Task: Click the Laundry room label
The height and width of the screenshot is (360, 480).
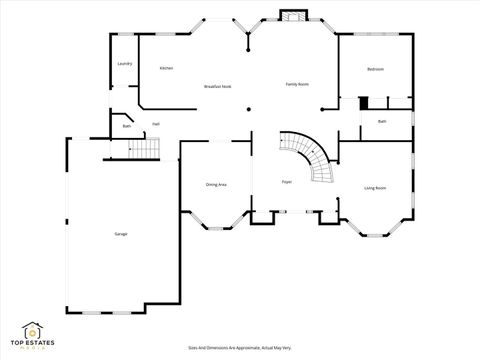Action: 125,63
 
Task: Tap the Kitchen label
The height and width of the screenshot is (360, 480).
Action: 167,68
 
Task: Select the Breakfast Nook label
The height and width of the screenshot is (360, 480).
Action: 218,87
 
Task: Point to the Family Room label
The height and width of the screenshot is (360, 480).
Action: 297,84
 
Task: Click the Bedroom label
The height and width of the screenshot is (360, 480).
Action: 375,69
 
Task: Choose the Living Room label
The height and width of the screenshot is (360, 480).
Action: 375,188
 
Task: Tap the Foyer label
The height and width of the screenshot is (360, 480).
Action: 287,182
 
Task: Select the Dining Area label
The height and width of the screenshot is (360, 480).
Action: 215,185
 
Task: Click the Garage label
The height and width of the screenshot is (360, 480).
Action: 120,234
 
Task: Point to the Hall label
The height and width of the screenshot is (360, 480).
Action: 157,124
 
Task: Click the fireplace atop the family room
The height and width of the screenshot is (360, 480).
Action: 293,16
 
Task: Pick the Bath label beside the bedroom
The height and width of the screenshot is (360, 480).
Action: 382,122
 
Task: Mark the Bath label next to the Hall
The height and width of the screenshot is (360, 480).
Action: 127,126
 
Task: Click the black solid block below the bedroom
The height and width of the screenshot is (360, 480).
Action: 365,102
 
